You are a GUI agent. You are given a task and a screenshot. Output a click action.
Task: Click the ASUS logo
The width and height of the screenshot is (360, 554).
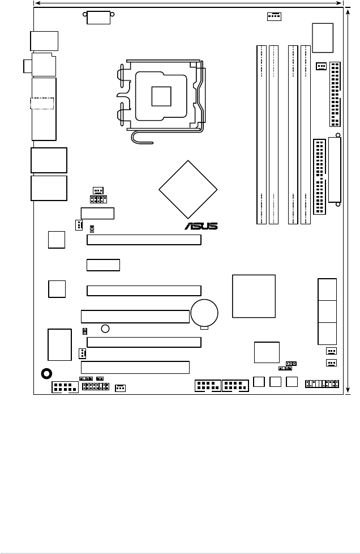tap(201, 227)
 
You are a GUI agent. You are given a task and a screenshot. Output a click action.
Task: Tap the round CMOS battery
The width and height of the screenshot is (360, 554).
tap(205, 312)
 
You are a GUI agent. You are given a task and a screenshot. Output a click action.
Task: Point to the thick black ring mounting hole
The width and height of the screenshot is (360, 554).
tap(47, 373)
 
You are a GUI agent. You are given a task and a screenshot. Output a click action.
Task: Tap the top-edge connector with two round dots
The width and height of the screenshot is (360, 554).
tap(98, 17)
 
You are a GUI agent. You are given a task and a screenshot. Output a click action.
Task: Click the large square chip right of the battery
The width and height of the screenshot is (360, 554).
tap(254, 296)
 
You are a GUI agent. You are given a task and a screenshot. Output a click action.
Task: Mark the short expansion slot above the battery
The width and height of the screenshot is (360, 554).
tap(103, 265)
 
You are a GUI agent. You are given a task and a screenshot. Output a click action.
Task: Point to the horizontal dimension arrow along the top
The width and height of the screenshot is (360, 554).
tap(190, 4)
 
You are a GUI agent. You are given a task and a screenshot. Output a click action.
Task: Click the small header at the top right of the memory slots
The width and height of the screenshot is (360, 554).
tap(273, 16)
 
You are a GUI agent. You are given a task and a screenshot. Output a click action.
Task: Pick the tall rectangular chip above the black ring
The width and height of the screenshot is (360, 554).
tap(59, 344)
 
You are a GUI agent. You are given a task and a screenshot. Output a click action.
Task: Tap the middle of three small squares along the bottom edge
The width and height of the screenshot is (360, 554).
tap(276, 382)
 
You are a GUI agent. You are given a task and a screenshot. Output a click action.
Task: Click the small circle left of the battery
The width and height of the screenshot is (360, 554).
tap(105, 329)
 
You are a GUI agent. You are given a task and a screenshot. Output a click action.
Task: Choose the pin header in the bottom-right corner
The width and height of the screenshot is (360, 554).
tap(322, 384)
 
